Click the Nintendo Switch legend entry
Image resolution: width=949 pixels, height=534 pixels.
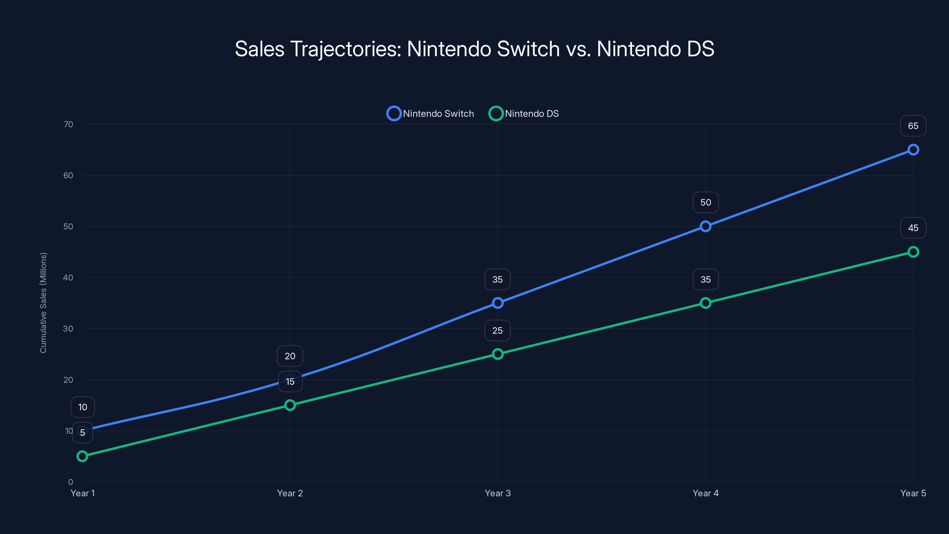click(430, 114)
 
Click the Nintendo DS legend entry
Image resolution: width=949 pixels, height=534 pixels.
click(524, 114)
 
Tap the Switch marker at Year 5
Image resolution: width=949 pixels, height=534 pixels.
click(913, 150)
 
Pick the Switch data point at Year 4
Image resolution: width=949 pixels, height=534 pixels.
click(706, 226)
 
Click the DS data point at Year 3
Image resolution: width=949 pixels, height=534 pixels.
click(498, 354)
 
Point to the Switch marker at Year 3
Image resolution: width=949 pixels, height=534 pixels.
click(498, 303)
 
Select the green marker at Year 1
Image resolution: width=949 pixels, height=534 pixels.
click(82, 456)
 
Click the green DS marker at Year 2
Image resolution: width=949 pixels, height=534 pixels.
click(290, 405)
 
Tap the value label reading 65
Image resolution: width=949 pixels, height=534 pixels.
click(913, 126)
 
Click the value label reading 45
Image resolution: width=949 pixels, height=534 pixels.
click(913, 228)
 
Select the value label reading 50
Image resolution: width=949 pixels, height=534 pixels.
click(706, 203)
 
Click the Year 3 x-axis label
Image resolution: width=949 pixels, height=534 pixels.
click(498, 493)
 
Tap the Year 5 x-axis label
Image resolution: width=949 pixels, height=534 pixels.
click(913, 493)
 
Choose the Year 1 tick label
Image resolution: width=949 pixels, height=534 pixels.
click(82, 493)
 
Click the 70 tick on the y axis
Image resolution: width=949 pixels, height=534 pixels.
click(68, 125)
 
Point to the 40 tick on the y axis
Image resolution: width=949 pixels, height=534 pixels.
click(68, 277)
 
